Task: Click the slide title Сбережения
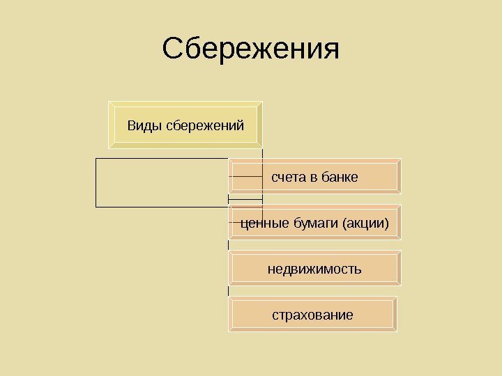[250, 49]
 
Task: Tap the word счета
[288, 178]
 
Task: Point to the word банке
[340, 178]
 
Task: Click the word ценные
[264, 224]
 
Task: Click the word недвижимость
[314, 269]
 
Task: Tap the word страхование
[312, 315]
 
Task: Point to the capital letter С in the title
[174, 49]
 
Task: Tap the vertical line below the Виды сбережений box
[262, 155]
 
